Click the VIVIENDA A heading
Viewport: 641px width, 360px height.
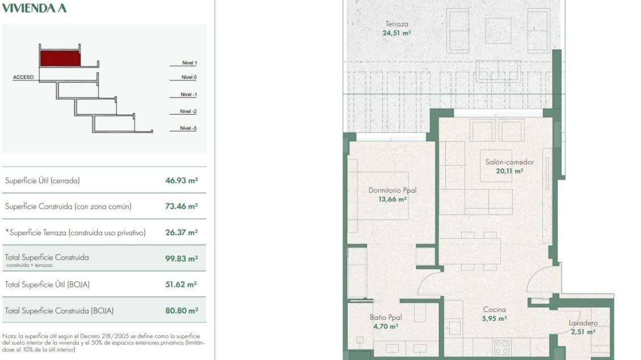(34, 8)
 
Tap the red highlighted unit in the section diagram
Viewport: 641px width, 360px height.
(60, 58)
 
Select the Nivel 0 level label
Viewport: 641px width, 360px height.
(189, 77)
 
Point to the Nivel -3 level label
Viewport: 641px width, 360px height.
(188, 128)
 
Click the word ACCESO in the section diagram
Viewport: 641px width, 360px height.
(23, 77)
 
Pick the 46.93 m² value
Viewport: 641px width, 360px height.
(182, 180)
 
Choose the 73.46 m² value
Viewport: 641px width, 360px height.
(182, 206)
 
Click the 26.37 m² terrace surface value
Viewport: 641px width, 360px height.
(182, 232)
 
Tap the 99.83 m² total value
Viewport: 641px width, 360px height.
(182, 259)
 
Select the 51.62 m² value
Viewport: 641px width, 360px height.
(181, 285)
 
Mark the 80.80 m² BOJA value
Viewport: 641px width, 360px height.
(182, 311)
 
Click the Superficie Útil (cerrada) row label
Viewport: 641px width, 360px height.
(42, 181)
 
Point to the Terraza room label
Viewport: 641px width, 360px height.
(397, 24)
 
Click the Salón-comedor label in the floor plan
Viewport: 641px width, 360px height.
(509, 162)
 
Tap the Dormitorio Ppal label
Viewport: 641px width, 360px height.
(393, 190)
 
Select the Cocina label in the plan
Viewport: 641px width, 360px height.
(494, 310)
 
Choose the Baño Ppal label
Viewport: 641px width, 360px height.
(386, 317)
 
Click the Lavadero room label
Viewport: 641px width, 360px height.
(583, 323)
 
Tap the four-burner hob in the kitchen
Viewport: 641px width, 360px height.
(501, 347)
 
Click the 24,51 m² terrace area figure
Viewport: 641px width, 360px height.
(397, 33)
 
